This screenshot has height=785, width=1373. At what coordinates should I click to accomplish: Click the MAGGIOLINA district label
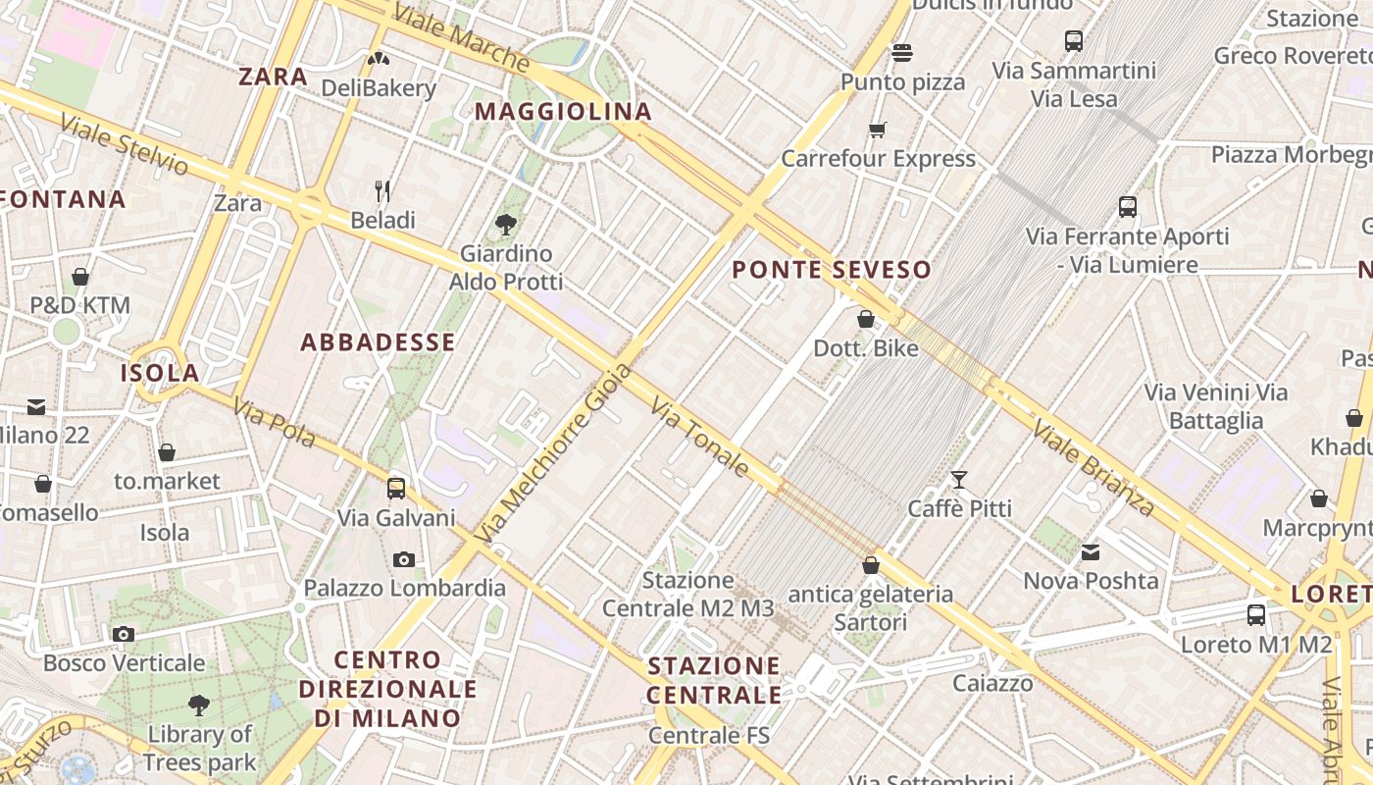(563, 112)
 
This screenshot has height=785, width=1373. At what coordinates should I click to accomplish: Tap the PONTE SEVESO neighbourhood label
(832, 270)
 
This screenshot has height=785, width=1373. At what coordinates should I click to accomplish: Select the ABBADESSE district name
(378, 342)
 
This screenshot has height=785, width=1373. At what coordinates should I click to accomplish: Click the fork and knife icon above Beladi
(383, 190)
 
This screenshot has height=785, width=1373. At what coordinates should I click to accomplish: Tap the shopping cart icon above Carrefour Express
(878, 130)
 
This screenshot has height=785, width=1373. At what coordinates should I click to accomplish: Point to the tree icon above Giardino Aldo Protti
(506, 225)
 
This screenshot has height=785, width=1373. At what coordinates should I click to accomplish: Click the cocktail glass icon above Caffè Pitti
(959, 480)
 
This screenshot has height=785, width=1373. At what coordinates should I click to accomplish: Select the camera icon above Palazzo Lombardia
(404, 559)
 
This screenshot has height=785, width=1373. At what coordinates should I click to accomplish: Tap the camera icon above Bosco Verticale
(124, 634)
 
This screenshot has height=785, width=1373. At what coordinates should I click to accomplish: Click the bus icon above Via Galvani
(396, 488)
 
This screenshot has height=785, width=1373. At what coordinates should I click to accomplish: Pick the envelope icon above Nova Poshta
(1091, 552)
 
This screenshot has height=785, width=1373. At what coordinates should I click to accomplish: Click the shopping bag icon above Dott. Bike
(866, 319)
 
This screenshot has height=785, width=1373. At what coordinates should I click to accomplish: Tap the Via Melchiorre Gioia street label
(555, 453)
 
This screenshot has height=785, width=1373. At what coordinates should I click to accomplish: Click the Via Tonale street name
(699, 439)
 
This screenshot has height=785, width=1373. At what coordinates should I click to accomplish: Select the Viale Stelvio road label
(124, 145)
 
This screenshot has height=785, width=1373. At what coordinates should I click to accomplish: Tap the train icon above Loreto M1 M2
(1256, 615)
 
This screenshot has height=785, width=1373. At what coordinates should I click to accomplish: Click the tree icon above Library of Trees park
(199, 705)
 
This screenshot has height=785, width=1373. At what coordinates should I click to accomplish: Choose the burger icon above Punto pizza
(902, 53)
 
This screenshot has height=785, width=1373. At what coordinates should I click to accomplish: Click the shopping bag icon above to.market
(167, 452)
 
